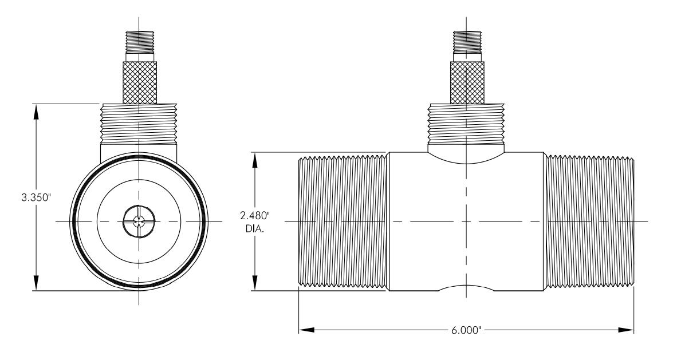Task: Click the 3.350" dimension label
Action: click(x=36, y=198)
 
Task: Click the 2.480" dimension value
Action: click(x=255, y=215)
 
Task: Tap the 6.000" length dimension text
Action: click(x=466, y=331)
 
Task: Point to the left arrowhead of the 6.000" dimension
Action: click(x=306, y=330)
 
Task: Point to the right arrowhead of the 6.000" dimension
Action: click(x=626, y=330)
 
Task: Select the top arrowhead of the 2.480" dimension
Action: click(x=255, y=160)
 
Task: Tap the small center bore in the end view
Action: click(x=139, y=222)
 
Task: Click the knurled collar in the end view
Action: click(x=139, y=83)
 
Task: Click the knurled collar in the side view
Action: click(x=467, y=83)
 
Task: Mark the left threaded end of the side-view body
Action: click(x=344, y=221)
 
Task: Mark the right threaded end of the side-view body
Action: click(x=588, y=221)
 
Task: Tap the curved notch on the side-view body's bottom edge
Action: click(x=466, y=286)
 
